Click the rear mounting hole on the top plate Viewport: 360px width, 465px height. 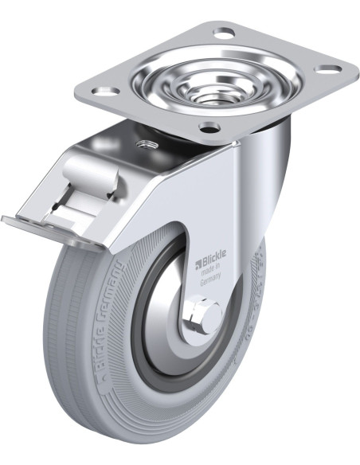tap(224, 33)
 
